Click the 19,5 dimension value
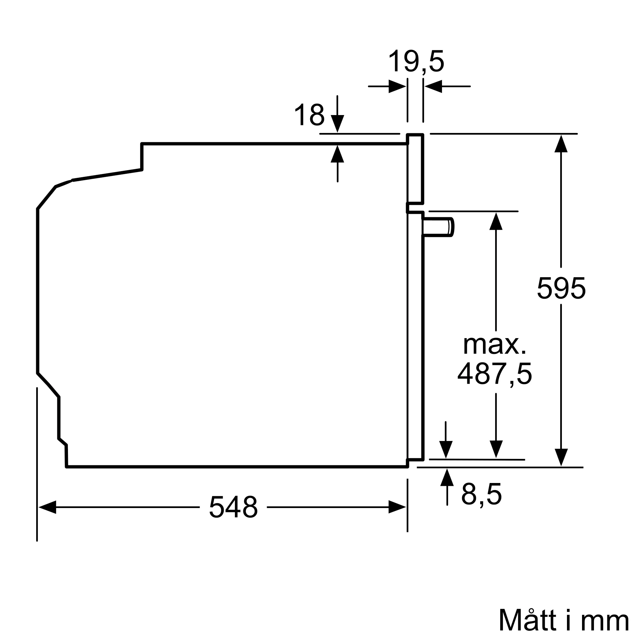tap(416, 62)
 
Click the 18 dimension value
tap(310, 115)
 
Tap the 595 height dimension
tap(561, 288)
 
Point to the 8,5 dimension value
tap(481, 494)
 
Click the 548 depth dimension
tap(233, 507)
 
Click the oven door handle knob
tap(438, 227)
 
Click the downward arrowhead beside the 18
tap(337, 123)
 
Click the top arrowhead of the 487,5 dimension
tap(496, 221)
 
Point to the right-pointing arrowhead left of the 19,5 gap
tap(397, 86)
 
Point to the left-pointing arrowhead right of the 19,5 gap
tap(434, 86)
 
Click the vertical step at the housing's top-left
tap(142, 157)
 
